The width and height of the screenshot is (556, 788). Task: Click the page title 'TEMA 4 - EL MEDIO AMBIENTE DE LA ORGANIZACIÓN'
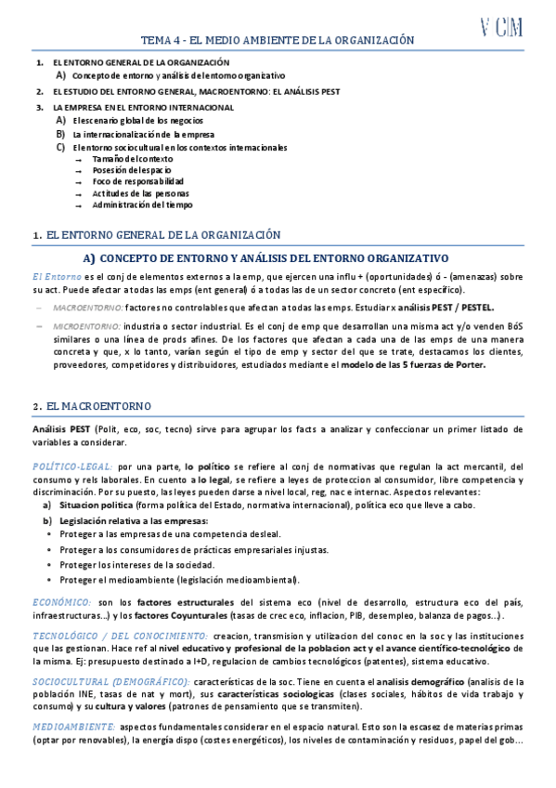point(277,41)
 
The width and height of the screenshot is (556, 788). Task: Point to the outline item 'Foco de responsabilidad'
point(137,182)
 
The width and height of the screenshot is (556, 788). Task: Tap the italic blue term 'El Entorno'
point(57,277)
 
